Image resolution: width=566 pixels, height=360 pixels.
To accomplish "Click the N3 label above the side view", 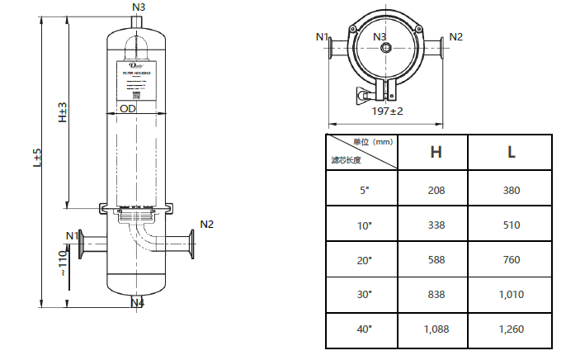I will (x=138, y=7).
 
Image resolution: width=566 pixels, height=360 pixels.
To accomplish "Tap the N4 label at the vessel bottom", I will (x=138, y=303).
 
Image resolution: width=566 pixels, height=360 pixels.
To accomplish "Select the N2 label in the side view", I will (x=206, y=225).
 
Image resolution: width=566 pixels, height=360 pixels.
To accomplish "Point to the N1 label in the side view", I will (x=72, y=236).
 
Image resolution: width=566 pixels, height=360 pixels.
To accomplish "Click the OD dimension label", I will (x=128, y=108).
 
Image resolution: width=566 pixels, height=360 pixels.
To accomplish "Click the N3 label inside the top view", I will (x=380, y=36).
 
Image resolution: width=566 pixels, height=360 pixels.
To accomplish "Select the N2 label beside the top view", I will (x=455, y=36).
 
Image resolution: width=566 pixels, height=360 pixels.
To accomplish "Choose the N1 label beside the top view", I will (x=323, y=36).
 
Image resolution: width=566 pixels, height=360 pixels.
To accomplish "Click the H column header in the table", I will (x=435, y=152).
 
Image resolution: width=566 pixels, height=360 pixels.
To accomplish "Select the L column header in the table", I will (x=512, y=152).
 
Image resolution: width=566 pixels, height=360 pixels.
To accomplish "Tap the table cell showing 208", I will (x=435, y=191).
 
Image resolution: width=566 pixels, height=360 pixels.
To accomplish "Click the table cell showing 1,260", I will (x=512, y=329).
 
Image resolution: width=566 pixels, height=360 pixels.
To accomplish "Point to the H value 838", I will (x=435, y=295).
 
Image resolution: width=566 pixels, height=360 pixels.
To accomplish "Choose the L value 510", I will (x=512, y=225).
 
